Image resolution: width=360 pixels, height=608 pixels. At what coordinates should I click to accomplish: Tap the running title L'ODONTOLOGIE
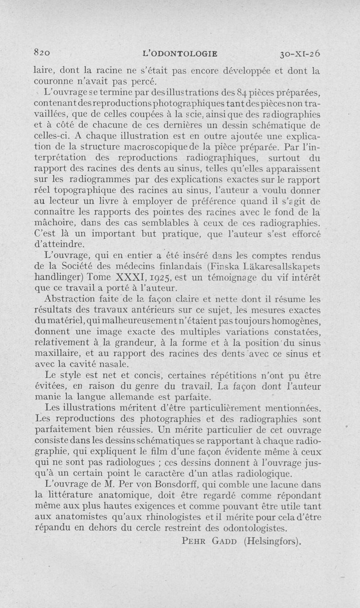click(180, 53)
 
